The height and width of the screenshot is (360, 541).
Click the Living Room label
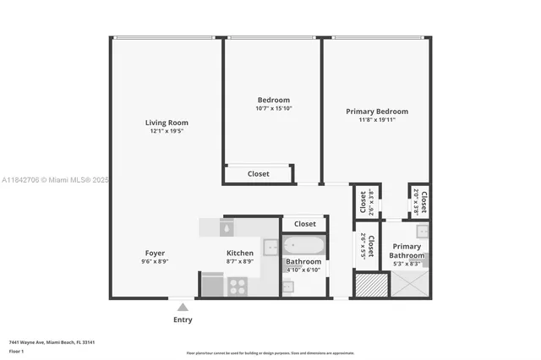pyautogui.click(x=166, y=123)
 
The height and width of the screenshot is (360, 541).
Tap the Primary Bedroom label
pyautogui.click(x=377, y=112)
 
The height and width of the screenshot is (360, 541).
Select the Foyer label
pyautogui.click(x=155, y=253)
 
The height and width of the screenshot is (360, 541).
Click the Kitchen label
pyautogui.click(x=240, y=253)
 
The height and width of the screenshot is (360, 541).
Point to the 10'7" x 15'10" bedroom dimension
pyautogui.click(x=273, y=108)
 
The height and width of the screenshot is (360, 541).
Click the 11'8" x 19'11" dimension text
pyautogui.click(x=377, y=120)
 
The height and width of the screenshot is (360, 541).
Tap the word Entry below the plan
pyautogui.click(x=183, y=319)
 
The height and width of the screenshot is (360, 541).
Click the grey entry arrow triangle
pyautogui.click(x=183, y=307)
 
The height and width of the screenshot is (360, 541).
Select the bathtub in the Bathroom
pyautogui.click(x=303, y=247)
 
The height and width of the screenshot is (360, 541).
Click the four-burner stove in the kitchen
pyautogui.click(x=238, y=286)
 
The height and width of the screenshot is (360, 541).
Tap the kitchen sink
pyautogui.click(x=270, y=248)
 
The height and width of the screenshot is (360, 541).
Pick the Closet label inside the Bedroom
pyautogui.click(x=258, y=174)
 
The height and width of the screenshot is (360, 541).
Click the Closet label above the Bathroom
pyautogui.click(x=304, y=224)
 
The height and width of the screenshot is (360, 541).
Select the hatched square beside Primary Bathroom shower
pyautogui.click(x=369, y=285)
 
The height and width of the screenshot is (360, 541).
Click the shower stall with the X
pyautogui.click(x=407, y=285)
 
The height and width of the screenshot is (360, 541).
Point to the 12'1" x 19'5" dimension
pyautogui.click(x=166, y=131)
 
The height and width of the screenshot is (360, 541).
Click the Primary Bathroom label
pyautogui.click(x=407, y=251)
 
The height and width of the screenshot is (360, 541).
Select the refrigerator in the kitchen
pyautogui.click(x=212, y=285)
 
